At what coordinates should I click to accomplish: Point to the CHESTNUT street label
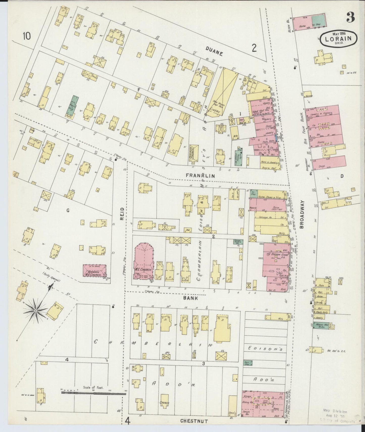(x=194, y=421)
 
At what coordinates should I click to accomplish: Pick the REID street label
(x=122, y=213)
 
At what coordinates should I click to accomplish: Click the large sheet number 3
(x=351, y=17)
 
